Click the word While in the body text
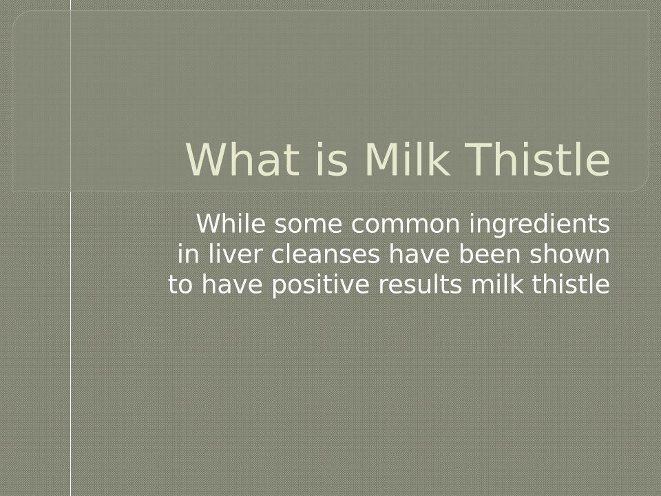[231, 223]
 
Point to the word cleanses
[325, 254]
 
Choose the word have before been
[419, 254]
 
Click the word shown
[569, 254]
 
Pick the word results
[420, 285]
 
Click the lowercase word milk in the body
[497, 285]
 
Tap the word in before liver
[189, 254]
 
